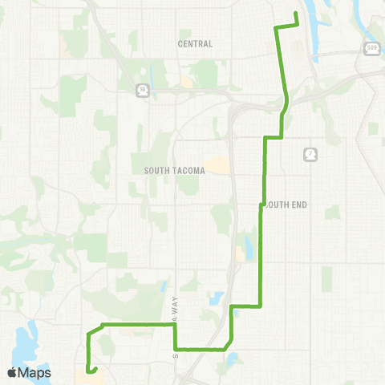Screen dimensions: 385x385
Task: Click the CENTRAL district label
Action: (x=197, y=44)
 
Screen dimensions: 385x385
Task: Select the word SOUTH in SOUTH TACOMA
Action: (x=156, y=170)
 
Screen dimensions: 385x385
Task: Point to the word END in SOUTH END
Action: (x=298, y=205)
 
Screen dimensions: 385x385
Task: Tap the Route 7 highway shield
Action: (x=309, y=153)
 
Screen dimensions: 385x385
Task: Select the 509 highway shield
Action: (x=371, y=49)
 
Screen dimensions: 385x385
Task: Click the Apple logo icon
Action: (x=13, y=372)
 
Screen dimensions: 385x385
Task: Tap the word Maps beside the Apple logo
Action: (x=36, y=372)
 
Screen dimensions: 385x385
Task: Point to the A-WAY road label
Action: (x=175, y=306)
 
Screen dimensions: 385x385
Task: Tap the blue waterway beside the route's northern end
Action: (x=314, y=36)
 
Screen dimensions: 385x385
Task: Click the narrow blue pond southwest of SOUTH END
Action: (x=248, y=250)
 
